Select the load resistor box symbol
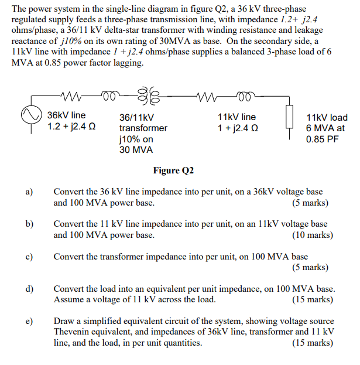288,115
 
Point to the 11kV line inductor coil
241,95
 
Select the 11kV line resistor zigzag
210,95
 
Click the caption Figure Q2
173,170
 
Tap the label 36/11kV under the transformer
136,118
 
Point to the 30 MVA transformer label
136,150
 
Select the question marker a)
29,192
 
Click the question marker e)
29,321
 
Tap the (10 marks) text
312,235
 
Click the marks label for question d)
312,299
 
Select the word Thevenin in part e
76,332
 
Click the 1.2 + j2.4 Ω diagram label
72,127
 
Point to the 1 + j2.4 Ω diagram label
238,128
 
